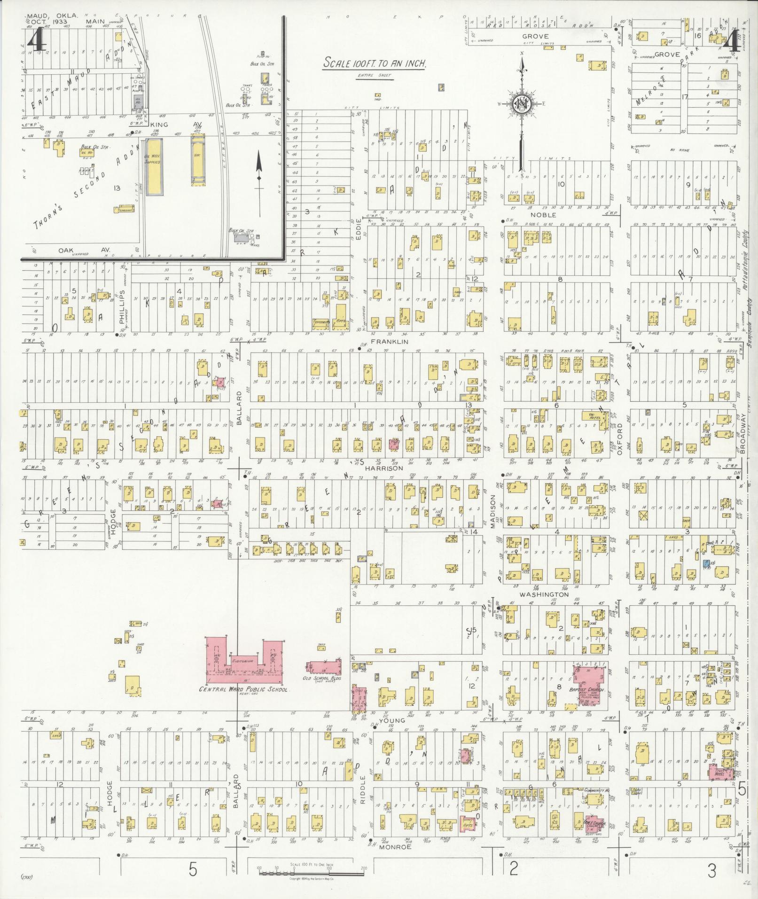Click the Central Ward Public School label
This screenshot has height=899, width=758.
pyautogui.click(x=244, y=689)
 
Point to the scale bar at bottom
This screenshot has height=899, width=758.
pyautogui.click(x=311, y=873)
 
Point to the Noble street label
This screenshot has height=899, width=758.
pyautogui.click(x=543, y=215)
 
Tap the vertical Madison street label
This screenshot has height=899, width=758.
pyautogui.click(x=493, y=511)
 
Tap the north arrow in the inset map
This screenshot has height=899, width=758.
pyautogui.click(x=258, y=172)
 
